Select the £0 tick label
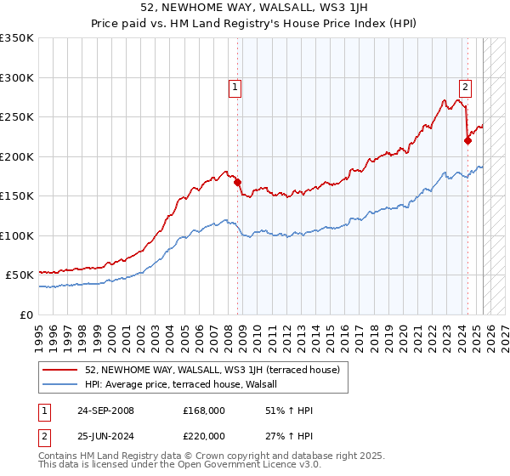(26, 314)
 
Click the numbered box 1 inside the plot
(234, 85)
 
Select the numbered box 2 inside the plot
(465, 85)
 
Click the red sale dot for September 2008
(238, 182)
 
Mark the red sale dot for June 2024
(467, 141)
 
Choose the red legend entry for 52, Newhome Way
(212, 370)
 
